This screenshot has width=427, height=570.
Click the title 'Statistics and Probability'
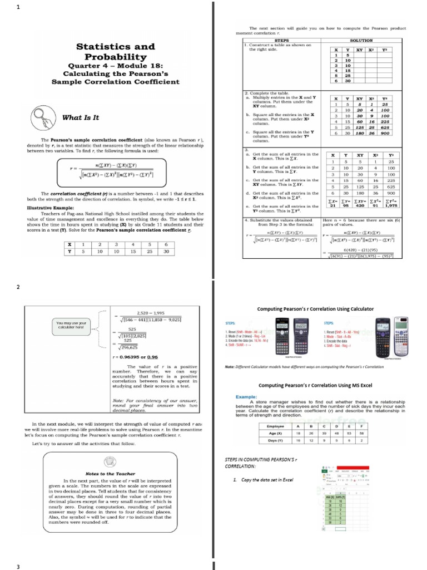click(x=116, y=52)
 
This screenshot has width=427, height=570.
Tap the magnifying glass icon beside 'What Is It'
click(x=44, y=117)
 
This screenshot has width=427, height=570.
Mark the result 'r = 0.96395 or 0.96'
click(x=135, y=357)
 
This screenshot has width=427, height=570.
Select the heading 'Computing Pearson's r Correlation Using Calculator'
click(x=315, y=309)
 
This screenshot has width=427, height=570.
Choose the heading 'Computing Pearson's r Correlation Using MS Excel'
click(x=315, y=385)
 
